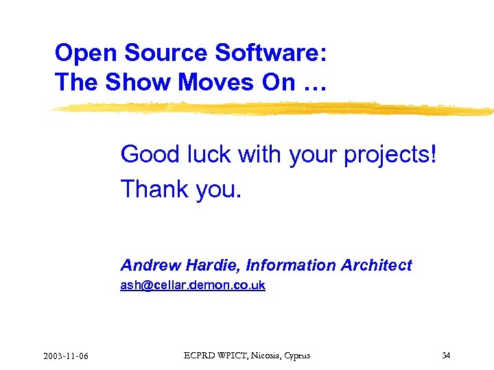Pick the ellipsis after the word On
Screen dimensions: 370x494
[314, 84]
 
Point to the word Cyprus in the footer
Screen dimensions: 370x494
[296, 356]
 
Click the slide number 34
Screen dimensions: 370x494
[446, 355]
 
